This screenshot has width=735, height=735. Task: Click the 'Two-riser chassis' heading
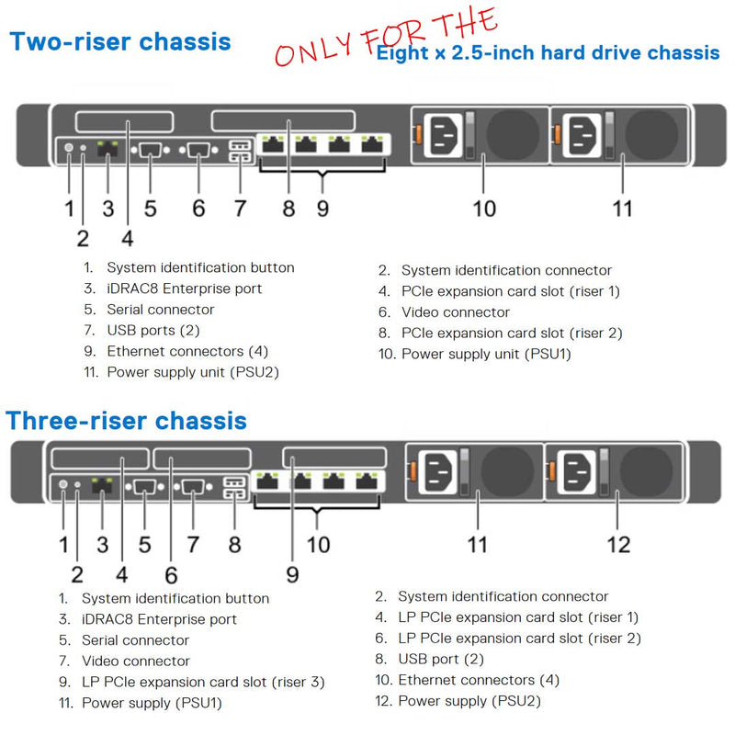tap(119, 41)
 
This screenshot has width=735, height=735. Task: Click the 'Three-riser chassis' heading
tap(127, 421)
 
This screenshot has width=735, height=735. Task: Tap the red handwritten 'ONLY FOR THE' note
tap(386, 41)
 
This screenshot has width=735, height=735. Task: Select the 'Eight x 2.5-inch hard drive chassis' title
tap(548, 52)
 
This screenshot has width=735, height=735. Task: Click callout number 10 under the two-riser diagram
tap(484, 208)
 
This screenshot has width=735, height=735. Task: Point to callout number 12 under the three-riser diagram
tap(619, 544)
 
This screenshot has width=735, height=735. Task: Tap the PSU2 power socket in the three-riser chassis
tap(579, 473)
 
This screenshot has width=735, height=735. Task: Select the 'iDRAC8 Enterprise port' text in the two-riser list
tap(185, 288)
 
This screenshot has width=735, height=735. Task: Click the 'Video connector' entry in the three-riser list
tap(136, 661)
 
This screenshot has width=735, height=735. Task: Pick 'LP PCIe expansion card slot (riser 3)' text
tap(203, 682)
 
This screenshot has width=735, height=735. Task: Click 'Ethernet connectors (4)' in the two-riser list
tap(187, 351)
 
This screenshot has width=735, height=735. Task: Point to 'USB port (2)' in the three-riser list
tap(441, 659)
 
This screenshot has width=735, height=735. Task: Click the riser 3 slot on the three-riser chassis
tap(327, 458)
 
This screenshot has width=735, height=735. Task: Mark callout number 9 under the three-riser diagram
tap(291, 573)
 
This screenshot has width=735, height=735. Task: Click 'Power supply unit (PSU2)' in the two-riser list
tap(193, 372)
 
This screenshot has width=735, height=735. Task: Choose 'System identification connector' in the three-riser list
tap(503, 597)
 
